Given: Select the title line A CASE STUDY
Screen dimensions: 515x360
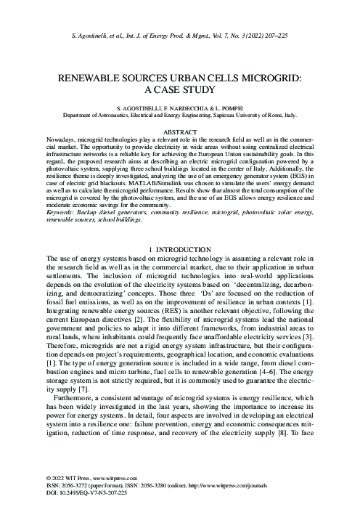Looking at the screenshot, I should pos(179,90).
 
